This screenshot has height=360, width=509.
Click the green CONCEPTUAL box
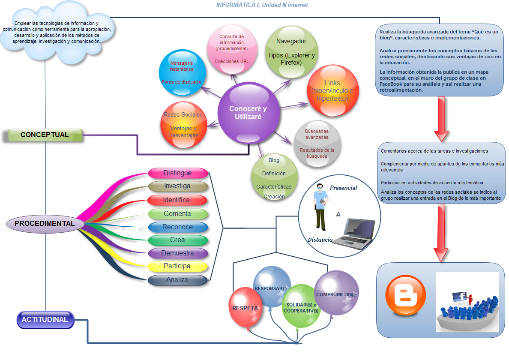coord(45,135)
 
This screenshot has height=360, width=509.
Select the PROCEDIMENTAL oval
coord(45,224)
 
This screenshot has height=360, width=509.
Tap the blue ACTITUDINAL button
coord(45,320)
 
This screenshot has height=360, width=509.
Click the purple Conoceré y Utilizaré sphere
coord(249,113)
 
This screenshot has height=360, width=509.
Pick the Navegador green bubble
coord(291,52)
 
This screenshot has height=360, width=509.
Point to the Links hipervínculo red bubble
coord(333,91)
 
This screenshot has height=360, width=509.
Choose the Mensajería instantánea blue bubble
coord(182,73)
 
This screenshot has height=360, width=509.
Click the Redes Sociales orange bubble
coord(183,125)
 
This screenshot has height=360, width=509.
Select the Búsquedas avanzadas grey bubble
coord(317,144)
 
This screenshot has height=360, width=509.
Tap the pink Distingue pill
coord(178,173)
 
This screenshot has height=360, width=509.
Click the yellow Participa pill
coord(177,266)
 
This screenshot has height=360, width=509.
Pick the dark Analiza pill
coord(177,280)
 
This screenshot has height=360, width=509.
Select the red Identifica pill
coord(177,200)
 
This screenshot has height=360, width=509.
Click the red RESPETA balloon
coord(246,307)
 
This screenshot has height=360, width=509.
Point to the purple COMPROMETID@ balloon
coord(336,293)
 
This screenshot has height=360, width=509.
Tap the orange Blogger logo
coord(405,295)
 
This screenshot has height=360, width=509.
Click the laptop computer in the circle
coord(354,233)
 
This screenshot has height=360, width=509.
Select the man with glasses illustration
coord(321,207)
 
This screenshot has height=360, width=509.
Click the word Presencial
coord(344,188)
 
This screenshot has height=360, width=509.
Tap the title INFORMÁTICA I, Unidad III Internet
coord(262,5)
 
